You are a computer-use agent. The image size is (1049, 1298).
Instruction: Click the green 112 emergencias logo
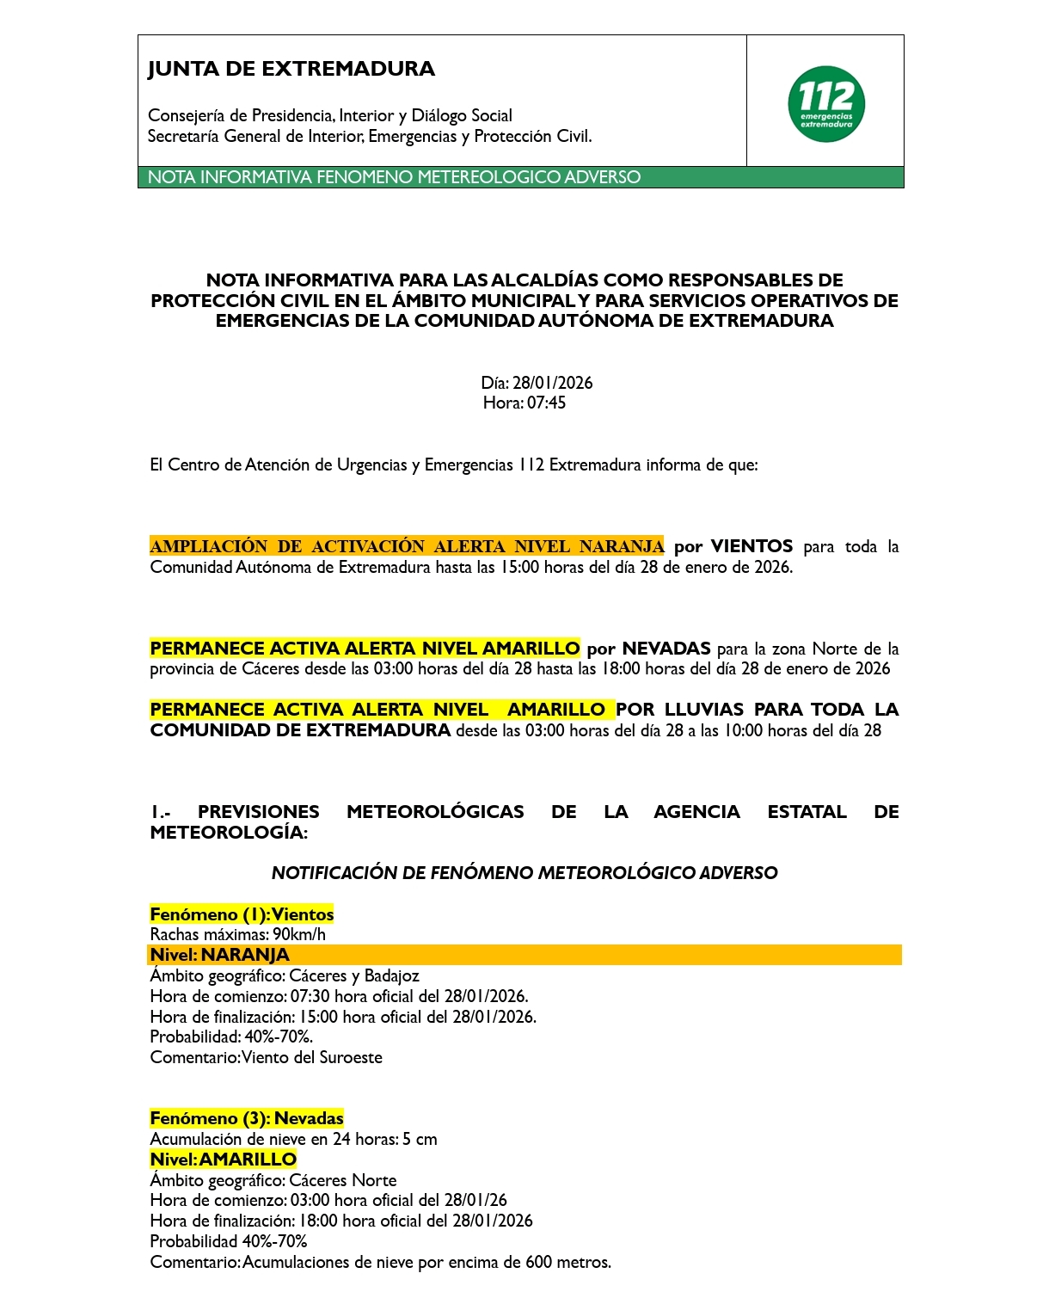click(825, 103)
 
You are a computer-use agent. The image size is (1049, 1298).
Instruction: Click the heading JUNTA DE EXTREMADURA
click(291, 69)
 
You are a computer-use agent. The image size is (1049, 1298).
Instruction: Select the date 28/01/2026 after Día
click(552, 383)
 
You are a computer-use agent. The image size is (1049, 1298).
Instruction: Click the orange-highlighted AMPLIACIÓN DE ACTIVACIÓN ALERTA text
click(407, 546)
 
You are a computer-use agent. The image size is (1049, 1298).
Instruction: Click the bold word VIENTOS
click(751, 546)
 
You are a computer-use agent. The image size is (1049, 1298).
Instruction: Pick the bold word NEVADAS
click(666, 649)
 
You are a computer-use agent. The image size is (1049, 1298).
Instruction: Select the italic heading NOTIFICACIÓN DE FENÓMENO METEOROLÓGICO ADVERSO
click(524, 873)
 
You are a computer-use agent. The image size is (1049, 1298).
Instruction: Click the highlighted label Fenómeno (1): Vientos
click(242, 914)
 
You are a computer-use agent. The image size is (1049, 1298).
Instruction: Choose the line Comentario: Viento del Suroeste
click(266, 1057)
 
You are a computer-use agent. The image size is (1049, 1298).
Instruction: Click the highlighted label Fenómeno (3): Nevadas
click(247, 1118)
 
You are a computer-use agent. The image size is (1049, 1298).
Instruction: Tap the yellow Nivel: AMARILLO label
click(223, 1160)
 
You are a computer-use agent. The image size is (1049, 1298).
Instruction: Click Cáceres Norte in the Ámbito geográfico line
click(343, 1180)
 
